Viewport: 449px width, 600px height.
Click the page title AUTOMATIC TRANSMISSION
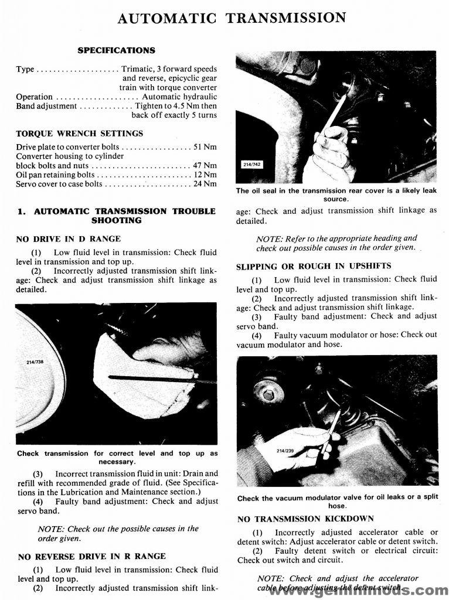(x=232, y=18)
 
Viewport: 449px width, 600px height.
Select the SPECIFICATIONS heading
(x=116, y=50)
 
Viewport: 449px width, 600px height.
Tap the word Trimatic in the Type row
(x=137, y=69)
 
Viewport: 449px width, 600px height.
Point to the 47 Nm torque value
(x=205, y=165)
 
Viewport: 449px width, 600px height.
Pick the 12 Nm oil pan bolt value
(x=205, y=175)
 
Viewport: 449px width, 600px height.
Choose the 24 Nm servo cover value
(x=205, y=184)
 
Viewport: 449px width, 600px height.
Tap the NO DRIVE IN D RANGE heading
(x=69, y=238)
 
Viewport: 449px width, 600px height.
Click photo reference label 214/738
(x=36, y=363)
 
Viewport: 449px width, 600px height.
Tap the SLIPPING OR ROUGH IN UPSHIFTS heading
(x=314, y=267)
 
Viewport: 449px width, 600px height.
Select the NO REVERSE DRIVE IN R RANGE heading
(x=92, y=556)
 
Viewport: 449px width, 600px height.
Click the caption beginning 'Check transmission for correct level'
(x=117, y=457)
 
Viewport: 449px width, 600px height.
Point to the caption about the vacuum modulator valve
(x=337, y=502)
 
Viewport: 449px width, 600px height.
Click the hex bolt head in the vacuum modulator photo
(x=269, y=394)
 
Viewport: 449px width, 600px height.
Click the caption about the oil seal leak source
(x=336, y=195)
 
